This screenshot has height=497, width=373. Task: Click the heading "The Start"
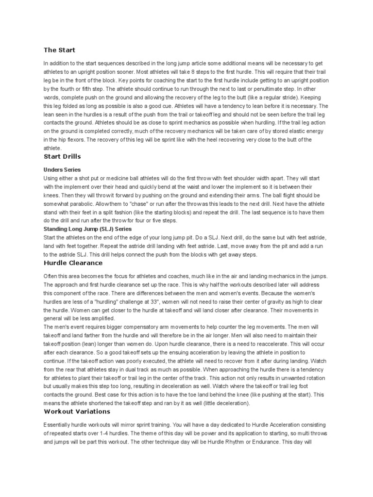tap(59, 50)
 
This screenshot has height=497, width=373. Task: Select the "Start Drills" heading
tap(62, 157)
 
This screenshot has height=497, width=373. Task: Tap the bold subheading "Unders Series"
tap(62, 170)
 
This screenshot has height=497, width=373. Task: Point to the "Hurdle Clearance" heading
tap(73, 263)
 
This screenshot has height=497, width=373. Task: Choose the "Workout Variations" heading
tap(77, 411)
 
